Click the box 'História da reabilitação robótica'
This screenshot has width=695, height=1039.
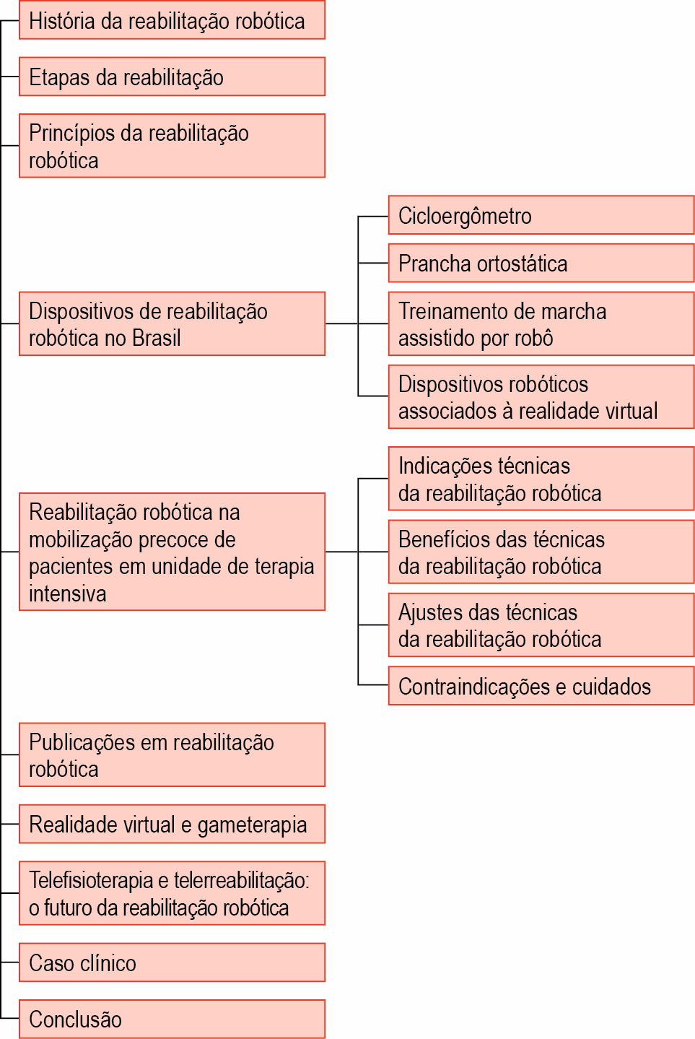click(172, 20)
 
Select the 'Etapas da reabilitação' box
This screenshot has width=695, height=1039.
click(172, 77)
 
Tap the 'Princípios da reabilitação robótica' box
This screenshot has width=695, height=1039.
click(172, 146)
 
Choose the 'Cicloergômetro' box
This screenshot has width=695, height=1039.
click(541, 215)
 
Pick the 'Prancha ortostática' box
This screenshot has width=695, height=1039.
click(541, 263)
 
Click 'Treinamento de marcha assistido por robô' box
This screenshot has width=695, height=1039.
click(541, 323)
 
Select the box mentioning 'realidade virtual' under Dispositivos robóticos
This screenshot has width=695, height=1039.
click(541, 396)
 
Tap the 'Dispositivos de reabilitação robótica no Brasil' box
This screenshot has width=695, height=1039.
click(172, 323)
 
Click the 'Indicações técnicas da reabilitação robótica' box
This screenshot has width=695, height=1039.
click(541, 479)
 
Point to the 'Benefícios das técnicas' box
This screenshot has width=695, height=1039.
click(541, 552)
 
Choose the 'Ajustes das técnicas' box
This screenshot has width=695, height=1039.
click(541, 625)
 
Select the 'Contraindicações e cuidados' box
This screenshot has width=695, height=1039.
click(541, 685)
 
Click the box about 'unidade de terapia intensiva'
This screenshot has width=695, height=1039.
click(172, 552)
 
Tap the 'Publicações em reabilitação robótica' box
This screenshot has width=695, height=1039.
click(172, 755)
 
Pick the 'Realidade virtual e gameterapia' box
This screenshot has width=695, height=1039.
click(172, 825)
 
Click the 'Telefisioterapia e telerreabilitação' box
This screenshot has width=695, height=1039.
click(172, 893)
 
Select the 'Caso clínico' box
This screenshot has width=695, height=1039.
click(172, 962)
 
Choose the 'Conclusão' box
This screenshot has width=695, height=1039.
click(172, 1019)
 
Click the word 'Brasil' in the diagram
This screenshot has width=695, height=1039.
click(156, 338)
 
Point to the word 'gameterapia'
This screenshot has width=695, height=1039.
click(252, 825)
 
